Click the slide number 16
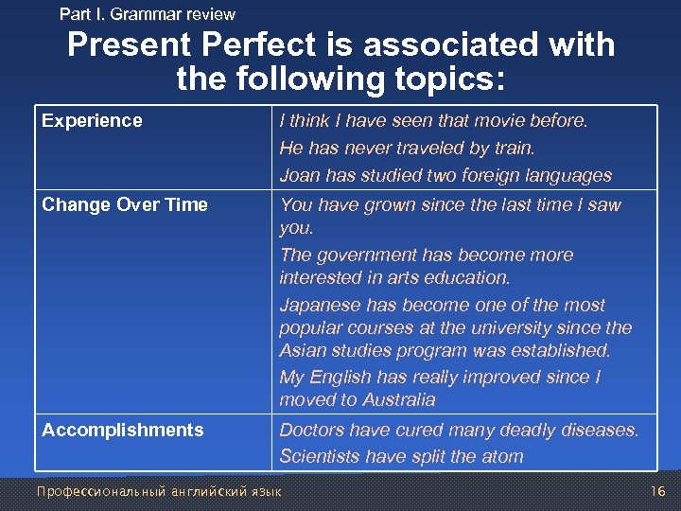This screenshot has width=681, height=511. point(658,491)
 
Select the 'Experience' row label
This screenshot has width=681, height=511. point(92,120)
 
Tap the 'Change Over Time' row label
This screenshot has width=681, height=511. point(125,204)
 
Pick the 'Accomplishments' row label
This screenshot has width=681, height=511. point(123,430)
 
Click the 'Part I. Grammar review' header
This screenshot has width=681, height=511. point(147,14)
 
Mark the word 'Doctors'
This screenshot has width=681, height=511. point(313,430)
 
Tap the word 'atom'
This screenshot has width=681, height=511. point(501,456)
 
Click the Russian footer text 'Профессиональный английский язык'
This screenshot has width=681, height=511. point(158,491)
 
